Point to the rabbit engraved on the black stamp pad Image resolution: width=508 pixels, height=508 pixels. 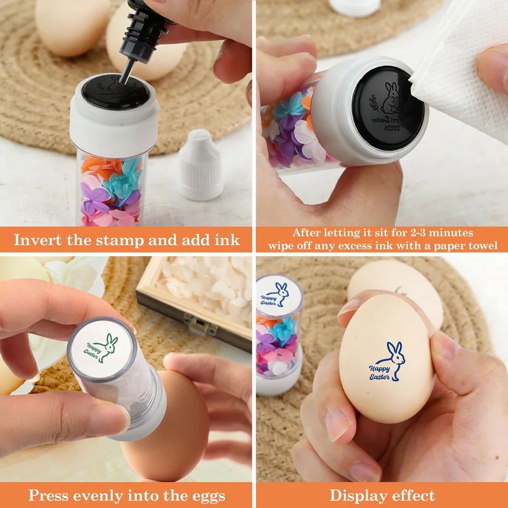tap(390, 98)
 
